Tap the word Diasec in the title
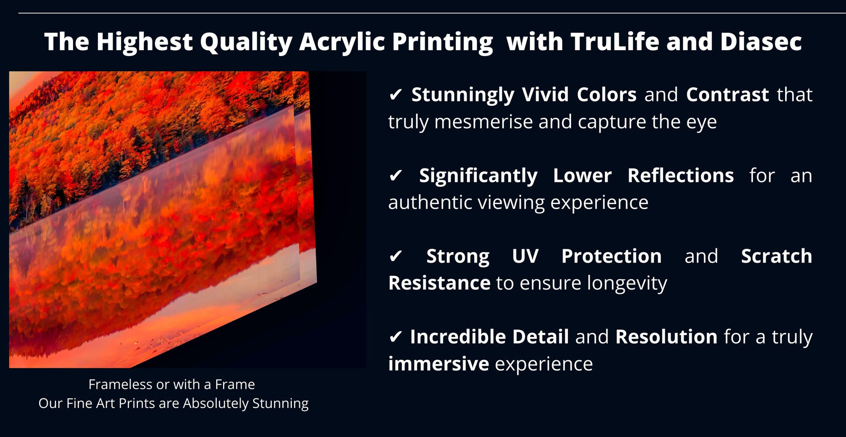tap(761, 41)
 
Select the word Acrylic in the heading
tap(342, 42)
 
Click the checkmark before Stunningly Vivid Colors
tap(396, 95)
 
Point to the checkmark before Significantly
tap(396, 175)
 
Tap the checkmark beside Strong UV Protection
tap(396, 256)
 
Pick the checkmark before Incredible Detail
tap(396, 337)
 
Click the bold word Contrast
tap(728, 95)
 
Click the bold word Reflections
tap(681, 175)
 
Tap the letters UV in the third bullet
tap(526, 256)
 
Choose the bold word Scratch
tap(777, 256)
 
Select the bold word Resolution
tap(666, 337)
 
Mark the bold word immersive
tap(439, 364)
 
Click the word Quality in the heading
tap(246, 42)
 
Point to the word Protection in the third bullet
tap(611, 256)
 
